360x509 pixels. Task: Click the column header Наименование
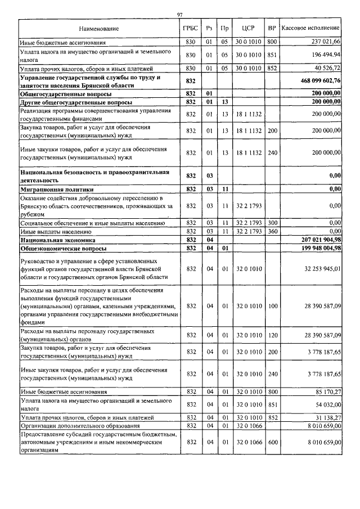(99, 28)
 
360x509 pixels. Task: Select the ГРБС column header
(190, 28)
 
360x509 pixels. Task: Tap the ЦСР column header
(249, 28)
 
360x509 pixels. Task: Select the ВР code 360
(272, 231)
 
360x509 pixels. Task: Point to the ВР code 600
(272, 443)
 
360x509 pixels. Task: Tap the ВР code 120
(272, 336)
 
